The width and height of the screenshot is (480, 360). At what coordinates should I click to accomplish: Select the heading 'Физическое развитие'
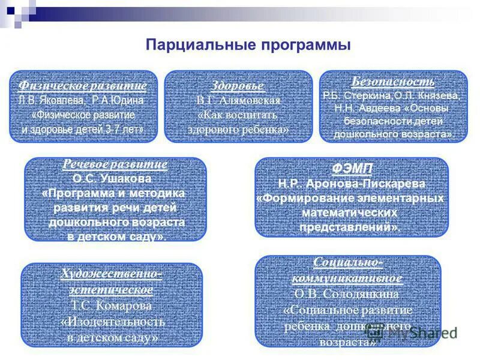click(x=83, y=85)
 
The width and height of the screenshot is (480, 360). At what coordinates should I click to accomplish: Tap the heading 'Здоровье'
click(x=238, y=85)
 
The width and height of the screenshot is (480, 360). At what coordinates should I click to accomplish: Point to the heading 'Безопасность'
click(x=393, y=82)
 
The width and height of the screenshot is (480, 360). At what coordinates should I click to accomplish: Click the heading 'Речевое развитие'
click(x=115, y=164)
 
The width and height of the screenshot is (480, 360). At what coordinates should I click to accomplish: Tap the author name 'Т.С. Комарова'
click(x=112, y=305)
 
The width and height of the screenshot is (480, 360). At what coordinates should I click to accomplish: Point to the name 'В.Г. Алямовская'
click(x=238, y=100)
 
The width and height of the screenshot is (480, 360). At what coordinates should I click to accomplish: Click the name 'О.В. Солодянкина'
click(x=347, y=295)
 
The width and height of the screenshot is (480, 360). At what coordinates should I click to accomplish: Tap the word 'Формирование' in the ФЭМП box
click(x=304, y=199)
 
